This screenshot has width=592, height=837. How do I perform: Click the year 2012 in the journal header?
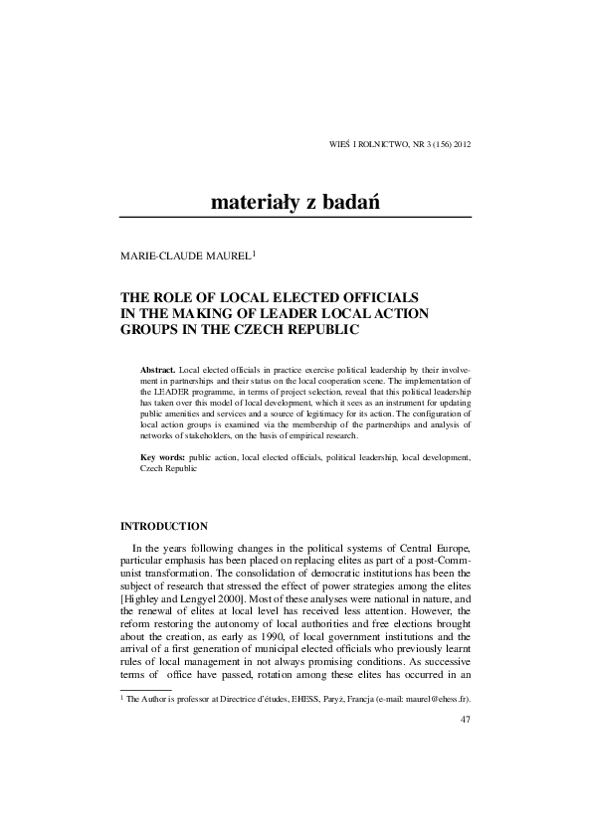tap(462, 145)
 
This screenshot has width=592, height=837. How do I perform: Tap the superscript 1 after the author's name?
tap(255, 252)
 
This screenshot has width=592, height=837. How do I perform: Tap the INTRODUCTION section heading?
tap(164, 526)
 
